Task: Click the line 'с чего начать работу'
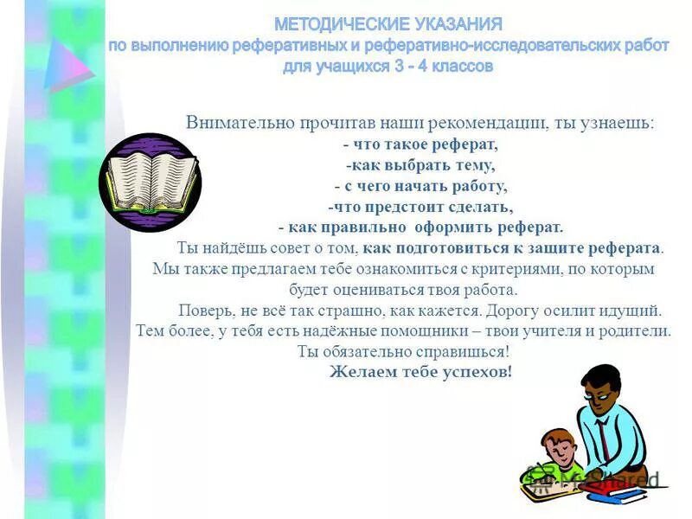420,186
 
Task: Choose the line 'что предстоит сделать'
420,207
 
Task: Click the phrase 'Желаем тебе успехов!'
420,372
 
